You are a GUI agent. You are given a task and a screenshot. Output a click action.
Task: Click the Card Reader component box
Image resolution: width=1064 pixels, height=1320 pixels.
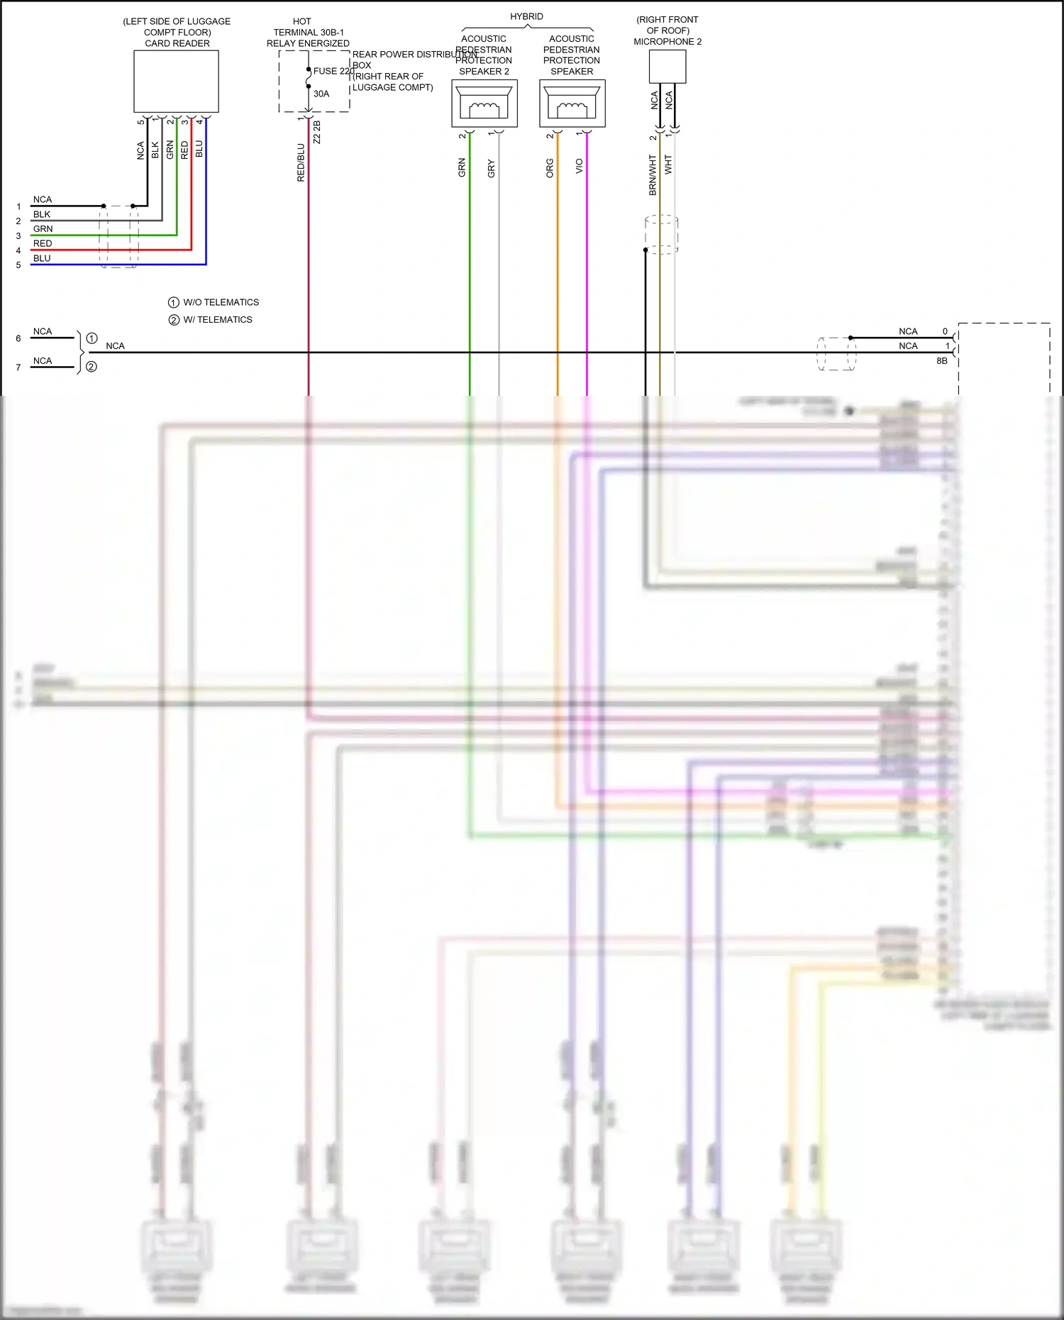pos(176,82)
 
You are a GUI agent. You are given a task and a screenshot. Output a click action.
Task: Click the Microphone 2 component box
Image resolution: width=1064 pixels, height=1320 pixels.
pos(667,67)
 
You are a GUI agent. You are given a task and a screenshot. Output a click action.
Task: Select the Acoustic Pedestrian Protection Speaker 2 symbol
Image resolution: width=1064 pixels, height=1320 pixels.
pos(484,104)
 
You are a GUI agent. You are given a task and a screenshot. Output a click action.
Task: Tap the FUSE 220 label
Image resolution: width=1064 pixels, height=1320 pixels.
pos(333,71)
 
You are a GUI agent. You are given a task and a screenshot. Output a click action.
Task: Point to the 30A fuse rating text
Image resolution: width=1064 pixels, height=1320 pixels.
pos(321,94)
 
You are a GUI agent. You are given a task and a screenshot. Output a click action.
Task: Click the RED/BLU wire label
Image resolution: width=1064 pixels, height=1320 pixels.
pos(301,163)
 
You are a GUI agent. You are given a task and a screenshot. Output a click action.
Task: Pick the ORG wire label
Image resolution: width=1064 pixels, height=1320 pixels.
pos(550,168)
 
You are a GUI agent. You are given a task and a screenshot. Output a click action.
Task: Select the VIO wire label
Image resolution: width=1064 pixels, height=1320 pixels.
pos(579,166)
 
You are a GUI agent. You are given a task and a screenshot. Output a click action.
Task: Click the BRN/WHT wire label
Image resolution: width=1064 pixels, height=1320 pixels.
pos(653,175)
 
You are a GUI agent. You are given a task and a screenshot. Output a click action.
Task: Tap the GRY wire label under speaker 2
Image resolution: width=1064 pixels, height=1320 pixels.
pos(491,169)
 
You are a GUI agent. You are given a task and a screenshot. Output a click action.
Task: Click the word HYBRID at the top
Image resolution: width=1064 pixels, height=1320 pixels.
pos(526,16)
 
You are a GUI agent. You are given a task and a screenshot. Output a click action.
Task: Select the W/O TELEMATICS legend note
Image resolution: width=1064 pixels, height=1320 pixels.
pos(221,302)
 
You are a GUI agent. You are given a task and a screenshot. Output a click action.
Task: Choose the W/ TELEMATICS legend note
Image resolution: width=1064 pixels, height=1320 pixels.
pos(217,320)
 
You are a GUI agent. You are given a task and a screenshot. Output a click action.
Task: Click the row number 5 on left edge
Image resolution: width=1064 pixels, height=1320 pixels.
pos(18,265)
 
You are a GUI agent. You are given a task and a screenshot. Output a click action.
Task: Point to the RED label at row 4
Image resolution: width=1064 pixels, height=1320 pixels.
pos(43,243)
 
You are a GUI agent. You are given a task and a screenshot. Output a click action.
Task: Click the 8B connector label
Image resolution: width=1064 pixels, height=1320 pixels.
pos(941,361)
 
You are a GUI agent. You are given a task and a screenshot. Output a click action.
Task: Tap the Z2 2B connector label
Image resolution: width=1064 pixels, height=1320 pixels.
pos(317,132)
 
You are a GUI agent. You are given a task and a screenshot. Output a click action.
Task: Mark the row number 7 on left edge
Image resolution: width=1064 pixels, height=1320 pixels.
pos(18,367)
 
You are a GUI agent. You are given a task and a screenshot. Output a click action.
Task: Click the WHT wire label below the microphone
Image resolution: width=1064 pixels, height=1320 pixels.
pos(668,165)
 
